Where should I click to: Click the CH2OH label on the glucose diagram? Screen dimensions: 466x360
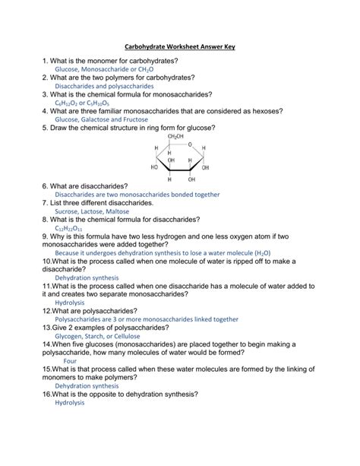[175, 137]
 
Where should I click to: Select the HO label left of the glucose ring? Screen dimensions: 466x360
[154, 166]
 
